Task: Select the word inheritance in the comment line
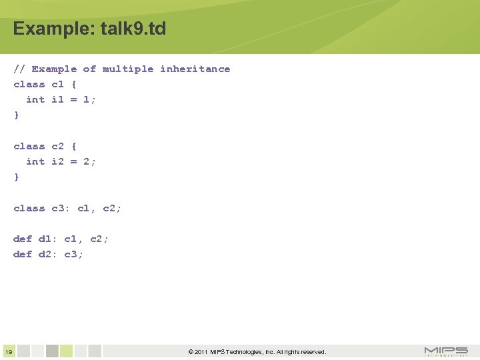pyautogui.click(x=195, y=69)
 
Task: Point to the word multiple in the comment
pyautogui.click(x=128, y=69)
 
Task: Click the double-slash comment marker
pyautogui.click(x=19, y=69)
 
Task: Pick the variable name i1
pyautogui.click(x=57, y=99)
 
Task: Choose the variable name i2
pyautogui.click(x=57, y=161)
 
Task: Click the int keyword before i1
pyautogui.click(x=35, y=99)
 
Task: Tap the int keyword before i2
pyautogui.click(x=35, y=161)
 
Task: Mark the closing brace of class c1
pyautogui.click(x=17, y=115)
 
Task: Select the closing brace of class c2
pyautogui.click(x=17, y=177)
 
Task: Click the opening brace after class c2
pyautogui.click(x=74, y=146)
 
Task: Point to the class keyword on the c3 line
pyautogui.click(x=29, y=208)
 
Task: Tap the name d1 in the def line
pyautogui.click(x=45, y=239)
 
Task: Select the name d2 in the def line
pyautogui.click(x=45, y=254)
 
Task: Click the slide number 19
pyautogui.click(x=8, y=352)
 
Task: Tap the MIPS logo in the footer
pyautogui.click(x=446, y=351)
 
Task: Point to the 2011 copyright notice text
pyautogui.click(x=257, y=352)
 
